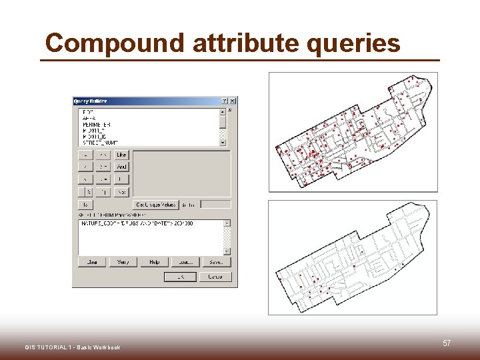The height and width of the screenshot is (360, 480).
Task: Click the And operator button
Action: point(121,167)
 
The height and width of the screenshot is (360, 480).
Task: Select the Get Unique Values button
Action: point(155,205)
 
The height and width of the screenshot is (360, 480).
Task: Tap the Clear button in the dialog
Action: point(92,262)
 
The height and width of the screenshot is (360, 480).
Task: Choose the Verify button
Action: point(123,262)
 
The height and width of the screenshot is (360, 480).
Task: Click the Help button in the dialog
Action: point(154,262)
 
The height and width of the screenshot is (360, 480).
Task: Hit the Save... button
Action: point(215,262)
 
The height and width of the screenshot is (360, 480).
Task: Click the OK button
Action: point(180,276)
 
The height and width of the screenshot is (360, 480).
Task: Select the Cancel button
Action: point(215,276)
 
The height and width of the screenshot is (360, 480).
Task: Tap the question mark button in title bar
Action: point(224,101)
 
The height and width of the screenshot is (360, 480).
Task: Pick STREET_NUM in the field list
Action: point(99,143)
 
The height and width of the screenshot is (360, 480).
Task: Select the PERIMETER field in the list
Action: point(97,124)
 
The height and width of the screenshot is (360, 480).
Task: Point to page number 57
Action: point(447,343)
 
